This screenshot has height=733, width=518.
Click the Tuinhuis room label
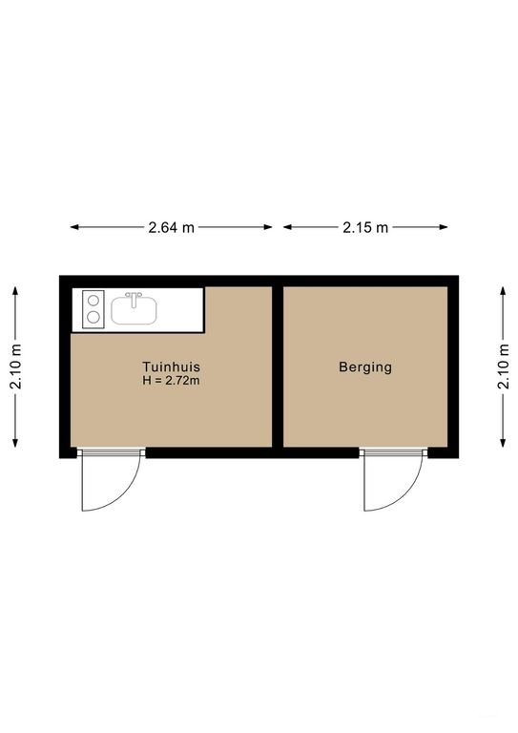point(171,366)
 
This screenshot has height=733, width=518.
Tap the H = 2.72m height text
point(171,381)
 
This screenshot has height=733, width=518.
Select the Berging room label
point(365,367)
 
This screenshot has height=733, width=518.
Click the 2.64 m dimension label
point(171,228)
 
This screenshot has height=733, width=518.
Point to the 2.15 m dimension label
point(365,228)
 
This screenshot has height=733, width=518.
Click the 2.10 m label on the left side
point(16,366)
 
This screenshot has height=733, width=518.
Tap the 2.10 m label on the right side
point(503,366)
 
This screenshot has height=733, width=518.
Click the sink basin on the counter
point(134,311)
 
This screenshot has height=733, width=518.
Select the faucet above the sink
point(135,299)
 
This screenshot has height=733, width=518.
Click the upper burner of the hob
point(93,299)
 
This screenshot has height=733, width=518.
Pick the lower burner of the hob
point(93,318)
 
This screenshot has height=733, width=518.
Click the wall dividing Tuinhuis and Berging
point(278,366)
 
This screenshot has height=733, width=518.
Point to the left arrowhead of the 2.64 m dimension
point(73,228)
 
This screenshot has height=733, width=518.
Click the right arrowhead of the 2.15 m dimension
point(445,228)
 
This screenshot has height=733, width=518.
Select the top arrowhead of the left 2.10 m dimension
point(16,290)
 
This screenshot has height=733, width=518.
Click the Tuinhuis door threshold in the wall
point(112,452)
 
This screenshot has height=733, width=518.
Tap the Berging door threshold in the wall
point(393,452)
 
